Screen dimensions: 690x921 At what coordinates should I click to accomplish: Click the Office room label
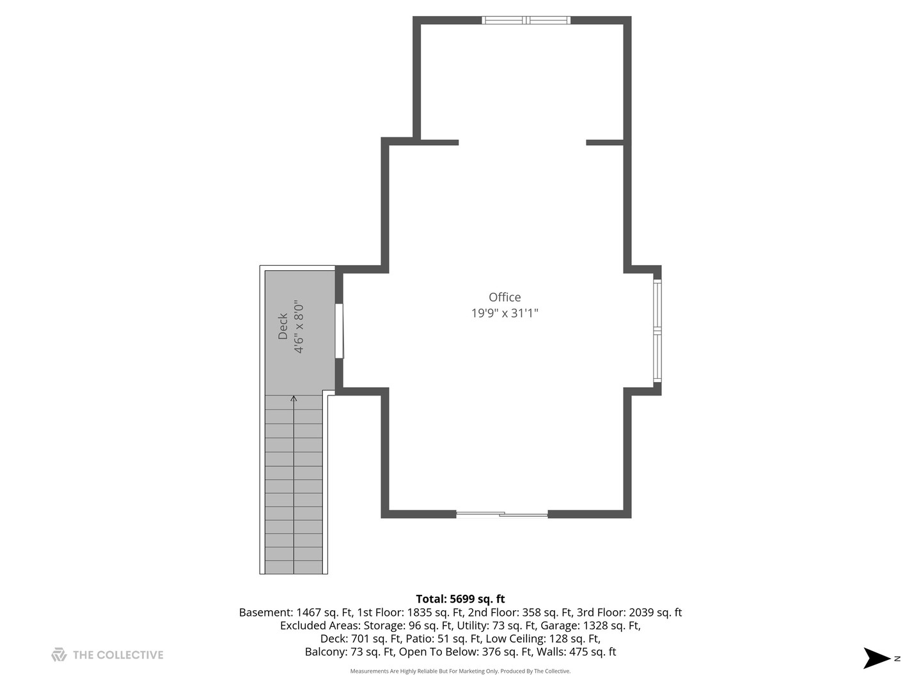[505, 297]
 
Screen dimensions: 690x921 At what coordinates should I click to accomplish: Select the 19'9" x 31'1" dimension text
[505, 313]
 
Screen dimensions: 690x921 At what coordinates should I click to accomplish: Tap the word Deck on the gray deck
[283, 326]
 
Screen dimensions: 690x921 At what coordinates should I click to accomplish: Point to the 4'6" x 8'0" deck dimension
[299, 326]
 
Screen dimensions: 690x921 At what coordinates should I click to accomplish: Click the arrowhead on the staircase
[294, 399]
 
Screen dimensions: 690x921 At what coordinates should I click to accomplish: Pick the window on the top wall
[526, 20]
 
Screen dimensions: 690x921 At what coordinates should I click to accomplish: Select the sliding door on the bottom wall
[502, 514]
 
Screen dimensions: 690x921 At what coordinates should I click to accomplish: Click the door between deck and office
[340, 330]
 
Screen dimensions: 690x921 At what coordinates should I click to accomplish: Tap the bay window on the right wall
[657, 330]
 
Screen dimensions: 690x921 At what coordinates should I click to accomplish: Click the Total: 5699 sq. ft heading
[460, 599]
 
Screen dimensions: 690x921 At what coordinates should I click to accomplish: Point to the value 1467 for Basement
[309, 612]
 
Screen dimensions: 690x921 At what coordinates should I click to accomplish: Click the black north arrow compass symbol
[876, 658]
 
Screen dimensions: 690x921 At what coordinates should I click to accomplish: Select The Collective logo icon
[59, 655]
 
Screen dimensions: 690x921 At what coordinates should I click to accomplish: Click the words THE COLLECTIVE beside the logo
[118, 655]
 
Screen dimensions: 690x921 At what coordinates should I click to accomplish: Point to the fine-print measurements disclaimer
[460, 671]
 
